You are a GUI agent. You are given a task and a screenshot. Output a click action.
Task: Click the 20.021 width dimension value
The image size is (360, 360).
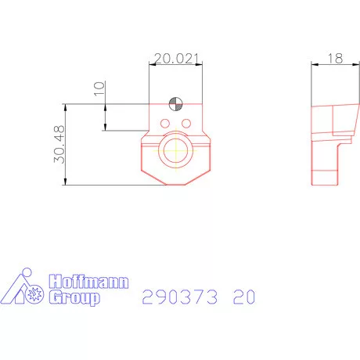tap(177, 58)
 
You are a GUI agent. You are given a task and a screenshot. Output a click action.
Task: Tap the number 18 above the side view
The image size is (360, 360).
tap(335, 58)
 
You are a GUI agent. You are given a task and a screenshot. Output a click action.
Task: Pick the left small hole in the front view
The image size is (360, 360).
tap(165, 124)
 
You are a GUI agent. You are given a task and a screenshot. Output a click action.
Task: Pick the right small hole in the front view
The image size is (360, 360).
tap(186, 124)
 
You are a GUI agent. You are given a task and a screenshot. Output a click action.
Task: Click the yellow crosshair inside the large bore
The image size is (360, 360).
tap(178, 151)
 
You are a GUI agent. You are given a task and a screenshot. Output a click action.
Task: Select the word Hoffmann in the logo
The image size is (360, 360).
tap(88, 282)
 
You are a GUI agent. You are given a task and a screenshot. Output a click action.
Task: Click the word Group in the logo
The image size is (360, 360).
tap(74, 297)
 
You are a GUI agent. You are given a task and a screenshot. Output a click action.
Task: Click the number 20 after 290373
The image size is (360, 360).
tap(243, 297)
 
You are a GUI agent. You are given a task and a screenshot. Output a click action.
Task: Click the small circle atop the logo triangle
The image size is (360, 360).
tap(25, 273)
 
